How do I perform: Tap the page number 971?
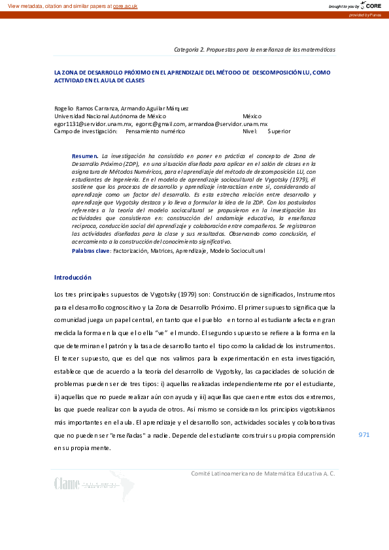pyautogui.click(x=364, y=434)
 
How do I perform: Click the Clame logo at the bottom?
pyautogui.click(x=67, y=483)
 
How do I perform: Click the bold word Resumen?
pyautogui.click(x=85, y=156)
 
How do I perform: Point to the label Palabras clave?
pyautogui.click(x=92, y=250)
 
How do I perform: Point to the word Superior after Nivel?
pyautogui.click(x=279, y=131)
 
